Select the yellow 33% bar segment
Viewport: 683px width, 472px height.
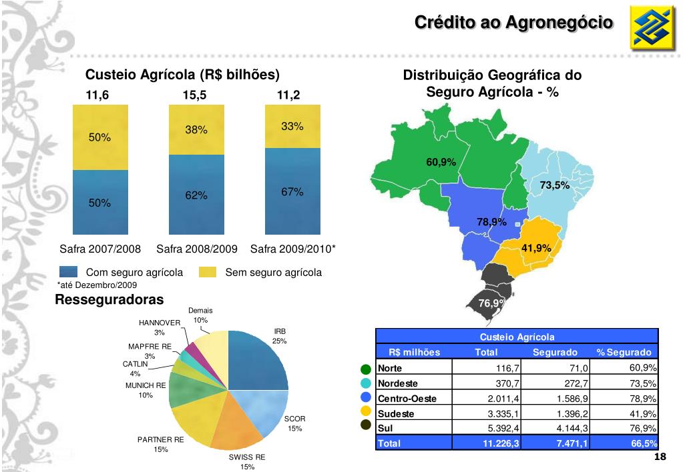click(292, 126)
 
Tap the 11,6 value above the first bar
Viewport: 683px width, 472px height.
click(97, 95)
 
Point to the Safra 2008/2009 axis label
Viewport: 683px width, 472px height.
click(197, 249)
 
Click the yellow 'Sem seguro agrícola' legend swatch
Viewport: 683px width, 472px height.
click(209, 272)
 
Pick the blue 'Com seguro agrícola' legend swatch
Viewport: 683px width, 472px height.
click(69, 272)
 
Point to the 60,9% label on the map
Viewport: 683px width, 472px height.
click(441, 162)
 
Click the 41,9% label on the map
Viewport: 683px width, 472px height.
click(536, 248)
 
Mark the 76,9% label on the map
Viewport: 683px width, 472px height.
click(493, 303)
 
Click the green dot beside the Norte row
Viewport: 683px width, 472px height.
click(365, 369)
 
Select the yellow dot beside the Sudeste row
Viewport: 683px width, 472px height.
click(365, 413)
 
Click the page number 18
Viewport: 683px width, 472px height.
click(660, 456)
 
